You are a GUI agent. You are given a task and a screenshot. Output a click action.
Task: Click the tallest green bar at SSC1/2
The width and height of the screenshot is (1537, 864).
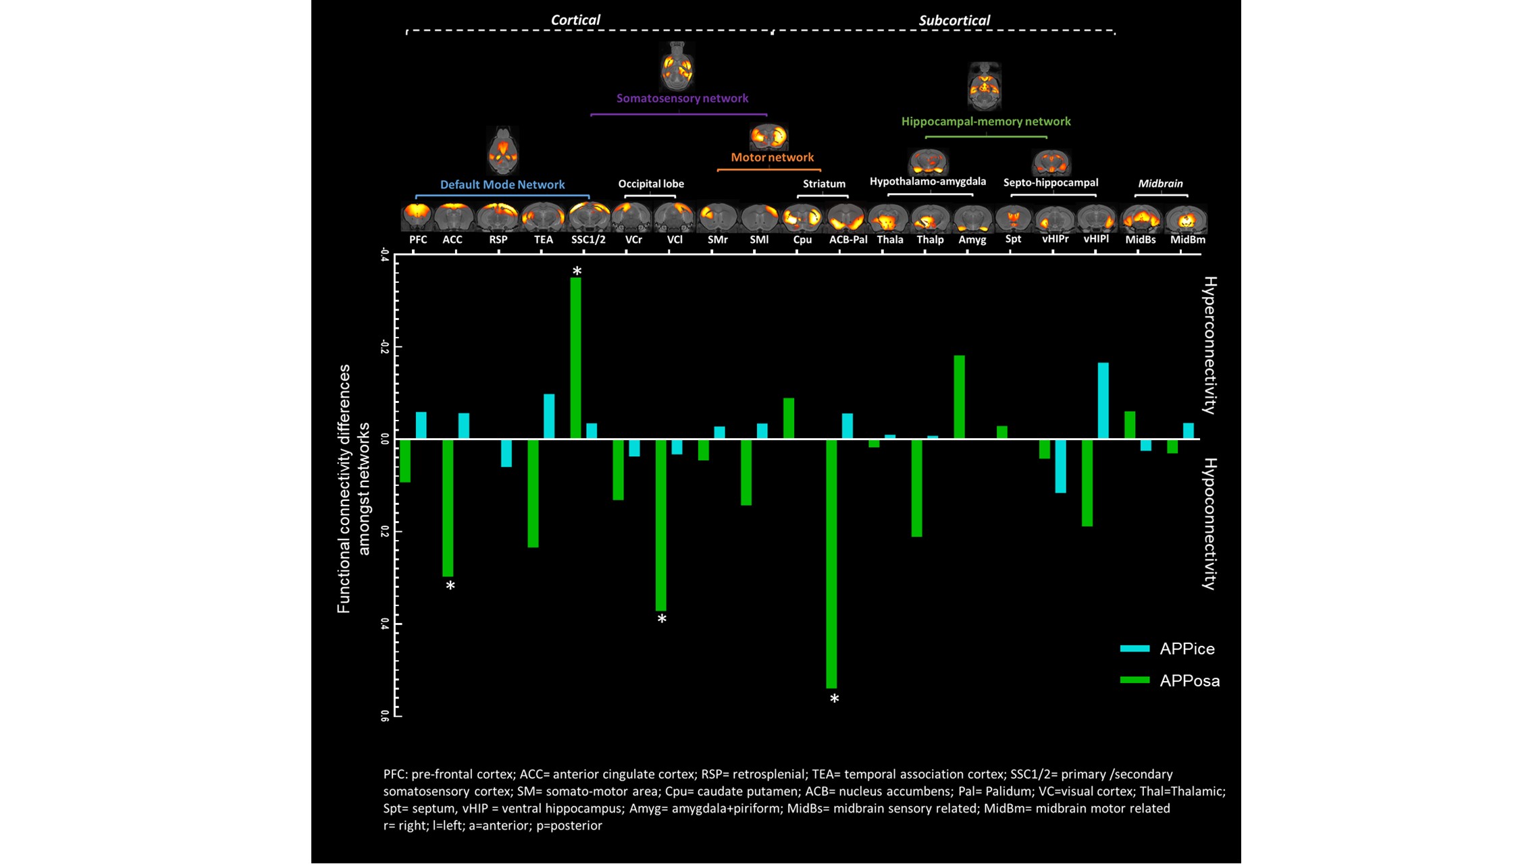point(575,358)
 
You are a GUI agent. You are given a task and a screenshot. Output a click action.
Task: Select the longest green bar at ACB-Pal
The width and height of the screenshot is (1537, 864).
point(831,564)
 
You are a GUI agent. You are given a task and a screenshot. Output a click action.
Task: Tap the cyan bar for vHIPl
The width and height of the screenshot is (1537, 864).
point(1103,401)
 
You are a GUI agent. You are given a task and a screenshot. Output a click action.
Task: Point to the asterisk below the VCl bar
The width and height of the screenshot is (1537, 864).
point(662,620)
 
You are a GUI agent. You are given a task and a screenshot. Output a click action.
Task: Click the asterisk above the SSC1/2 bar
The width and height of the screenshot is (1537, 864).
point(577,271)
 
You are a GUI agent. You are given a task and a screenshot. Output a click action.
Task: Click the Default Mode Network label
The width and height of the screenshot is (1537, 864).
point(502,184)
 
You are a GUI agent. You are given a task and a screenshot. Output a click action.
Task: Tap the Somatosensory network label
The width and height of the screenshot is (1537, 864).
point(682,99)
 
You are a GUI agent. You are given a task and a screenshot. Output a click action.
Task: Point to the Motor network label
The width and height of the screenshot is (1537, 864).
point(772,157)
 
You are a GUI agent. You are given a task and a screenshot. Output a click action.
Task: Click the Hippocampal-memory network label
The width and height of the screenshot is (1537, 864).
point(986,122)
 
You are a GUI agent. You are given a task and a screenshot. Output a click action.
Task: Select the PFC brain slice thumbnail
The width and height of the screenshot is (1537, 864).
point(417,217)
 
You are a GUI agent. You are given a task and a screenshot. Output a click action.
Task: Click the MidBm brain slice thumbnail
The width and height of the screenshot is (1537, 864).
point(1187,219)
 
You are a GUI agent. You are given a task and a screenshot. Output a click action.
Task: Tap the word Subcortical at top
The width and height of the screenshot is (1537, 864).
point(954,20)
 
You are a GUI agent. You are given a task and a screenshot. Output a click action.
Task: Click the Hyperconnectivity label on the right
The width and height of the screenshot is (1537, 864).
point(1209,345)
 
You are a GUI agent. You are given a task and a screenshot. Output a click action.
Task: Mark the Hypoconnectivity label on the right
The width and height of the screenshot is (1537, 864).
point(1209,524)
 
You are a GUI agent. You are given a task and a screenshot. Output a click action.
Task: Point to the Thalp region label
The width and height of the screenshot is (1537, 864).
point(930,240)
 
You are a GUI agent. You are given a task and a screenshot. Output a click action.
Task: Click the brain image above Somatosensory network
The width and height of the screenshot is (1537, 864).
point(676,67)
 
